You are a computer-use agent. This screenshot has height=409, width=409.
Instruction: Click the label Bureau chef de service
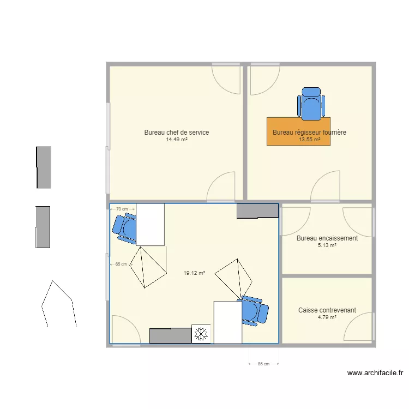pos(176,133)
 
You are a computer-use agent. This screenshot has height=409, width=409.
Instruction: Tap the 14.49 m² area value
pos(176,140)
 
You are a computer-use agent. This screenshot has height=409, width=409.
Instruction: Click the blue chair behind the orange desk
pos(311,104)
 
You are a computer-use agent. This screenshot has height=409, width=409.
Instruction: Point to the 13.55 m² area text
pos(309,140)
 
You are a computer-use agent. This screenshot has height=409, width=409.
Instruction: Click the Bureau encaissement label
pos(327,238)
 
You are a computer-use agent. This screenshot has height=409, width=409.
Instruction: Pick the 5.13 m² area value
pos(327,245)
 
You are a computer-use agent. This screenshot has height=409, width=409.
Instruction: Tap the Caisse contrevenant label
pos(327,310)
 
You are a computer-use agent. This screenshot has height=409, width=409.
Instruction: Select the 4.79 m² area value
pos(327,317)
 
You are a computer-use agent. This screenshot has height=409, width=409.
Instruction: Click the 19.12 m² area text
pos(195,273)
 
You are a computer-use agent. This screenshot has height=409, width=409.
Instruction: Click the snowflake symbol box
pos(201,334)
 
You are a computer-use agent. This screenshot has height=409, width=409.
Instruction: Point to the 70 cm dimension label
pos(122,209)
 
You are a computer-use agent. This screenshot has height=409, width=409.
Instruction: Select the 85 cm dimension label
pos(263,364)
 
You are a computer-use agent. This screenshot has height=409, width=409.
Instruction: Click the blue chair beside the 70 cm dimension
pos(125,227)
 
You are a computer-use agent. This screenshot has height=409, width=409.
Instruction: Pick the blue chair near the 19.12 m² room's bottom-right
pos(253,311)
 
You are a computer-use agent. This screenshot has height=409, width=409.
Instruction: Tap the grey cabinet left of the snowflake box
pos(170,336)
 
